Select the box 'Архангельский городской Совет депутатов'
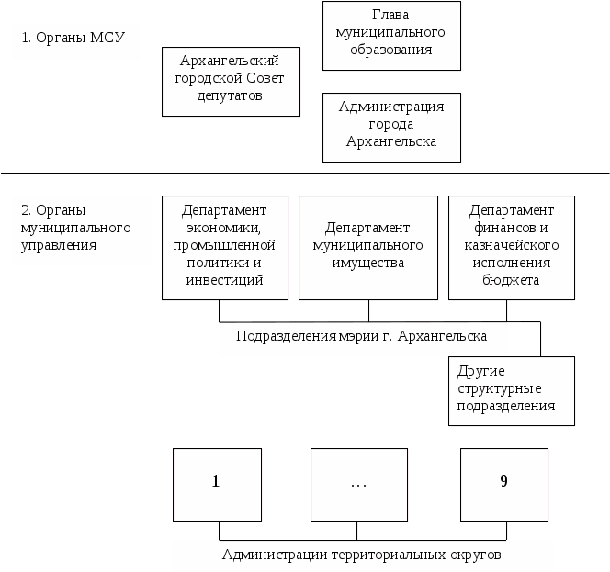231,82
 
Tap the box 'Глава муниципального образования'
391,36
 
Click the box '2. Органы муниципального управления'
82,229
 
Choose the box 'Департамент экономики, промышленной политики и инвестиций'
224,247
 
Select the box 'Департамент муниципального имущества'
367,247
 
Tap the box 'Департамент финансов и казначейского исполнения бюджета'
511,247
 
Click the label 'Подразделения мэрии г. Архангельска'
361,337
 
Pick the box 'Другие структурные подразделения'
511,390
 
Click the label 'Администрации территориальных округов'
362,555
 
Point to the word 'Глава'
391,16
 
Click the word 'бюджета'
512,281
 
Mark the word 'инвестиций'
225,281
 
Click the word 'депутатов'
230,95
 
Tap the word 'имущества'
367,264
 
